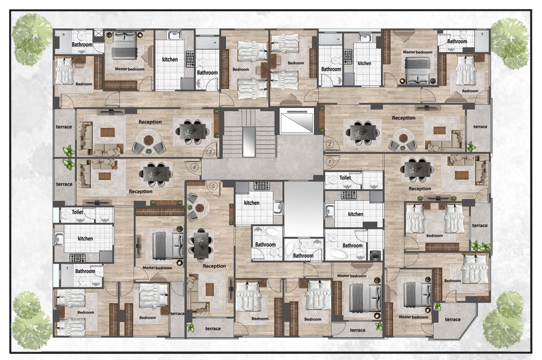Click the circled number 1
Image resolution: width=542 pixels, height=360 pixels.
click(330, 161)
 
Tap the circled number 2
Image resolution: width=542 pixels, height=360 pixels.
click(330, 144)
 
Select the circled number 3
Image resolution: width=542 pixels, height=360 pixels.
click(210, 152)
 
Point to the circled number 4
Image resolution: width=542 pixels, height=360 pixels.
click(194, 167)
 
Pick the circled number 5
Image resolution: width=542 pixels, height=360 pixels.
click(213, 186)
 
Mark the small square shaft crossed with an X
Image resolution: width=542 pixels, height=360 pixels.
click(98, 33)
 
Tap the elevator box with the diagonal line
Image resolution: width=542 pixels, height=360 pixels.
click(297, 120)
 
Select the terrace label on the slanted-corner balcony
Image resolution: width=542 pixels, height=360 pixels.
click(453, 319)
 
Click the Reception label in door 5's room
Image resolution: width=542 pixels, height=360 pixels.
click(214, 266)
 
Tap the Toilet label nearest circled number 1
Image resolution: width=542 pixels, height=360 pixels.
click(345, 177)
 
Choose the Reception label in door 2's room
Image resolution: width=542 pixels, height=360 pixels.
click(403, 118)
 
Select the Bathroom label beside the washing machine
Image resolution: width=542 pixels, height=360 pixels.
click(353, 245)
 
